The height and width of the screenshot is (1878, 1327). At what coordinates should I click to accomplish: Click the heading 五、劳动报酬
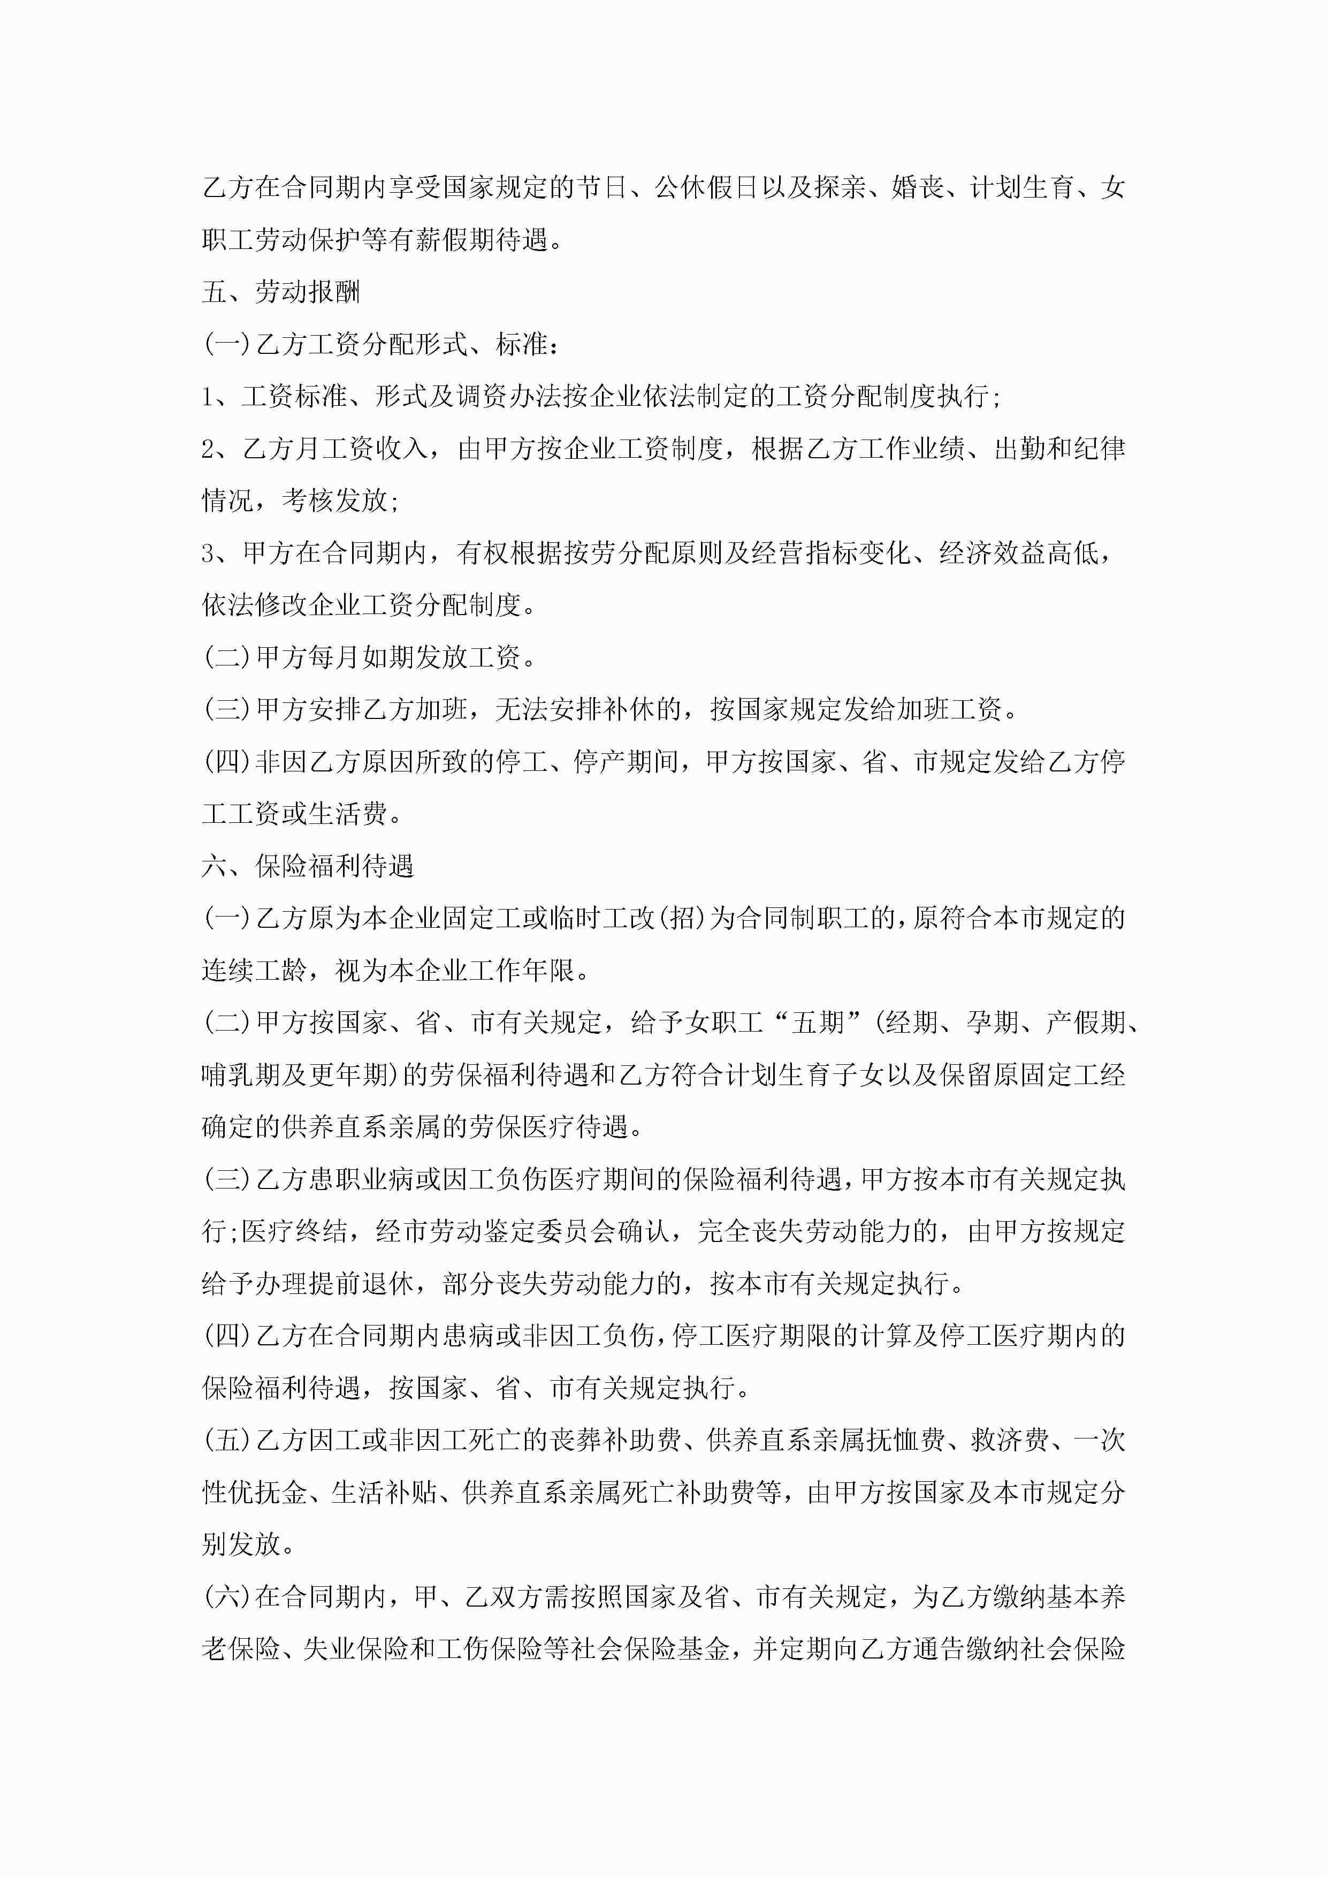pyautogui.click(x=280, y=292)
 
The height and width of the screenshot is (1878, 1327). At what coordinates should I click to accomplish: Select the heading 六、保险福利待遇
pyautogui.click(x=308, y=866)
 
